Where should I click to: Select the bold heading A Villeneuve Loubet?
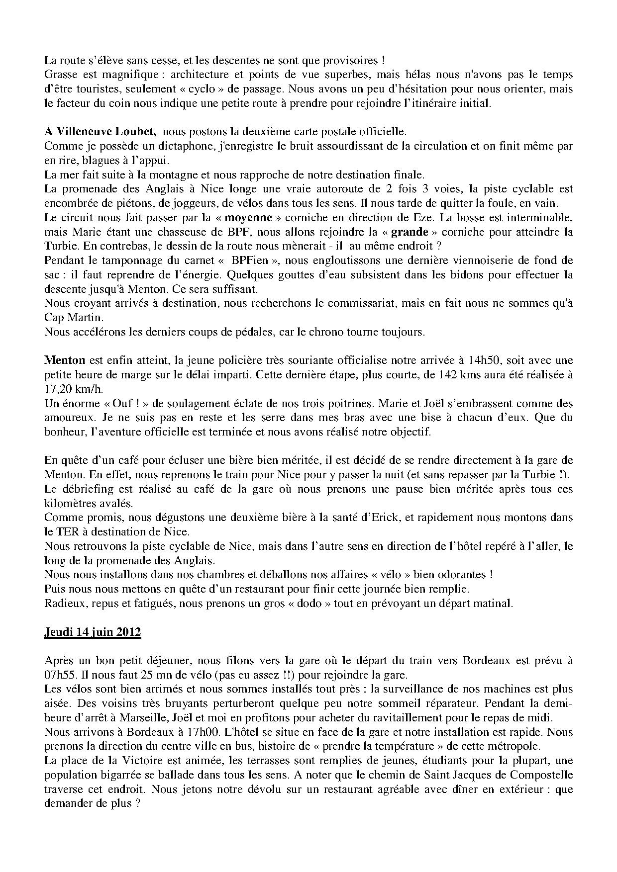[x=101, y=132]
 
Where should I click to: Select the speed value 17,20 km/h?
[x=71, y=389]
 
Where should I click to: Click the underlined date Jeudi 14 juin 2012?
[x=93, y=632]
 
